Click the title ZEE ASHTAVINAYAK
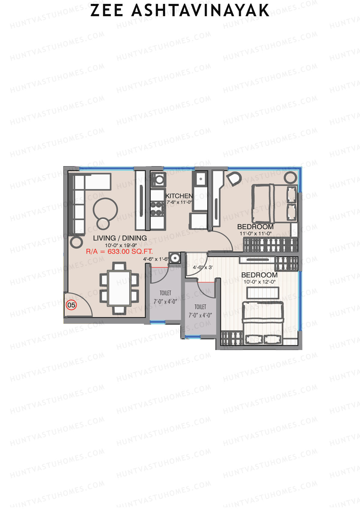(180, 10)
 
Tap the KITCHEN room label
(179, 196)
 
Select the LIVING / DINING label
(120, 238)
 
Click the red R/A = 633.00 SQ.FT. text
(119, 252)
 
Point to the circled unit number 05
(71, 305)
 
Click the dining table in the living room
(119, 288)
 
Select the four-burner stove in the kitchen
(157, 208)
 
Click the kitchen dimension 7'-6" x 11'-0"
(179, 202)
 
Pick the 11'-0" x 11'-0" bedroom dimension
(255, 233)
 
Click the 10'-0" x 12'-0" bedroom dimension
(259, 282)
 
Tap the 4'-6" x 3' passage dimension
(202, 267)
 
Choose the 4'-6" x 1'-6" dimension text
(156, 259)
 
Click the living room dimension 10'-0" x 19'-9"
(121, 245)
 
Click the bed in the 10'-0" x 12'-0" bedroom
(263, 322)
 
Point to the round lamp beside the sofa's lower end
(76, 241)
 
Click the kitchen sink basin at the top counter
(199, 179)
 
